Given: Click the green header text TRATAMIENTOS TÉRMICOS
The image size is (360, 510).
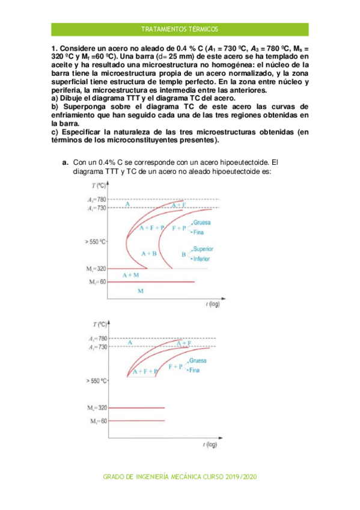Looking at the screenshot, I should pyautogui.click(x=180, y=29).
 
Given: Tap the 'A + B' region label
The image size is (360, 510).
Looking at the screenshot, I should pyautogui.click(x=148, y=254).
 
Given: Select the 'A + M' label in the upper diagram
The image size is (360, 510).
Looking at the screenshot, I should pyautogui.click(x=131, y=275).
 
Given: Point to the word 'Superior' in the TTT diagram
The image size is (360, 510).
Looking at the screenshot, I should pyautogui.click(x=203, y=248).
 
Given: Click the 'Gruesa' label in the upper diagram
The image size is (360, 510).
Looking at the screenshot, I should pyautogui.click(x=203, y=223).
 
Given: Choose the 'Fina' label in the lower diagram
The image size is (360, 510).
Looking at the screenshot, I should pyautogui.click(x=194, y=370).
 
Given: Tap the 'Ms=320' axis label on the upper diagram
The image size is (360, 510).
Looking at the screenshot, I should pyautogui.click(x=97, y=268).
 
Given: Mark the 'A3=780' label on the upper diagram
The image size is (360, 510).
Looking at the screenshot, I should pyautogui.click(x=97, y=199).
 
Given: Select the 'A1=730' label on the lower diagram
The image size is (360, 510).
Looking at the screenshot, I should pyautogui.click(x=97, y=347).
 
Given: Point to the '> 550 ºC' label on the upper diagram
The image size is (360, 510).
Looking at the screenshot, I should pyautogui.click(x=96, y=242).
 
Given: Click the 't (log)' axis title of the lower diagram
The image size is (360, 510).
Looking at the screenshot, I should pyautogui.click(x=210, y=444).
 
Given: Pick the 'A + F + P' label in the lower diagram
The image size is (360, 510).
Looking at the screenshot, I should pyautogui.click(x=144, y=371).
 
